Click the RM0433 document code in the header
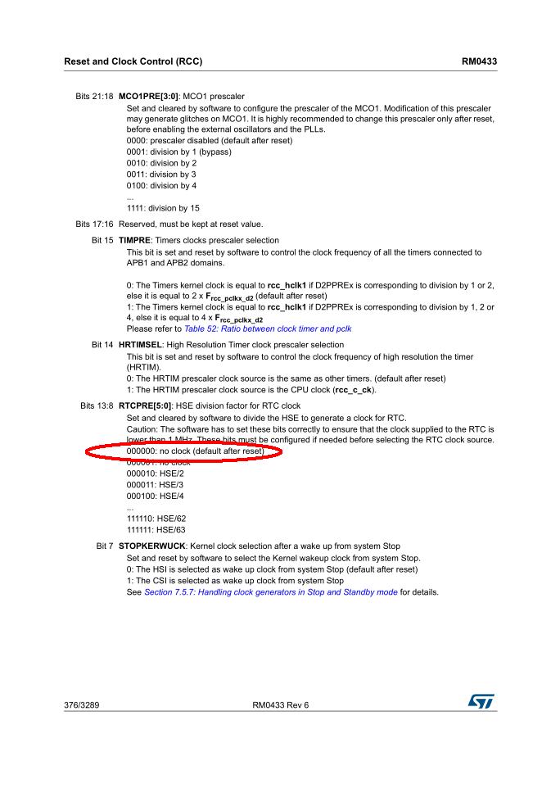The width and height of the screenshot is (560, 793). pyautogui.click(x=479, y=61)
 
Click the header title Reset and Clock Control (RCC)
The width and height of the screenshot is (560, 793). pyautogui.click(x=133, y=61)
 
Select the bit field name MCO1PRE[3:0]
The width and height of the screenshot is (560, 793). pyautogui.click(x=148, y=97)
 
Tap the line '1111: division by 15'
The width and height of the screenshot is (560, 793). pyautogui.click(x=163, y=208)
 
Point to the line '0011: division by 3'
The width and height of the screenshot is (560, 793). pyautogui.click(x=161, y=174)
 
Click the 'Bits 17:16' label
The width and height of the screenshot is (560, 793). pyautogui.click(x=94, y=224)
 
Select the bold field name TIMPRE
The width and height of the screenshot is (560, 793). pyautogui.click(x=134, y=241)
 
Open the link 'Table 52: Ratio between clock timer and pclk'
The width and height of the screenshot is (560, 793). pyautogui.click(x=268, y=329)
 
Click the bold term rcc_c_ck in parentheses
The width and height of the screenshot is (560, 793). pyautogui.click(x=354, y=390)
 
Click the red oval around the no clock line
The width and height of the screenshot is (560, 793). pyautogui.click(x=183, y=452)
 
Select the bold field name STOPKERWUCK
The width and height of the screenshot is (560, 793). pyautogui.click(x=151, y=546)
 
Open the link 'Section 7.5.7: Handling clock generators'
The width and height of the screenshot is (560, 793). pyautogui.click(x=270, y=592)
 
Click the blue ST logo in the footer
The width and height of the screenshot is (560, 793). pyautogui.click(x=481, y=702)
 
